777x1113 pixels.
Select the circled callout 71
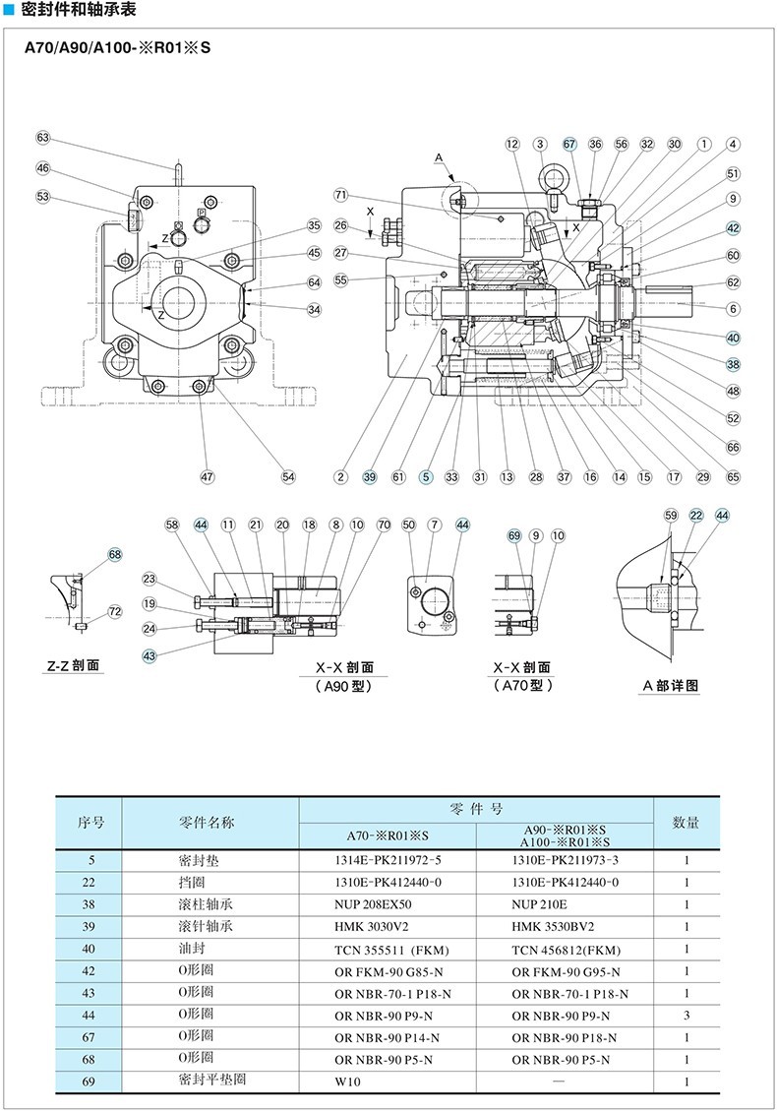(x=341, y=193)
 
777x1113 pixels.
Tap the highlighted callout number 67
(x=569, y=144)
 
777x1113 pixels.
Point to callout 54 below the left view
(x=288, y=477)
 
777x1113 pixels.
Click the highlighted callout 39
(x=370, y=477)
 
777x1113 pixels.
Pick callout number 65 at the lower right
(x=734, y=477)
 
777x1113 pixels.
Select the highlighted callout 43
(x=149, y=655)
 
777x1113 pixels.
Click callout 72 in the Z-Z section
(x=115, y=612)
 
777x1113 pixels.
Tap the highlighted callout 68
(x=115, y=555)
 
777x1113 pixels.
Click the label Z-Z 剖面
(x=74, y=666)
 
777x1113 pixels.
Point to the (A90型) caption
(x=344, y=686)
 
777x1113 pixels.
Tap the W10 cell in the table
(x=350, y=1081)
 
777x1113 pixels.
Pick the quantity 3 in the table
(x=686, y=1015)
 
